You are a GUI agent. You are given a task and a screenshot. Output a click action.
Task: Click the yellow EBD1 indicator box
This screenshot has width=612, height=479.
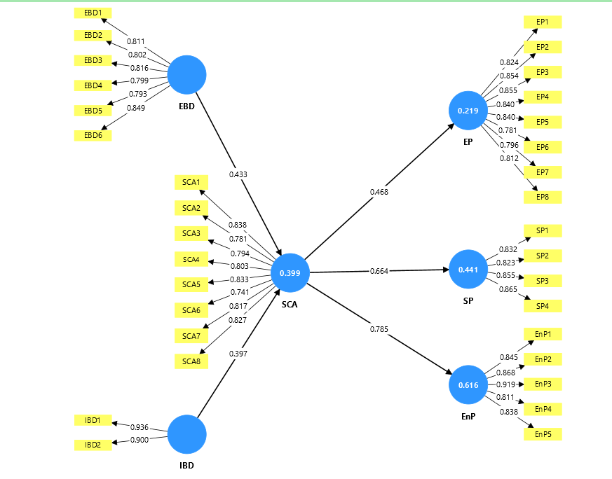pos(93,13)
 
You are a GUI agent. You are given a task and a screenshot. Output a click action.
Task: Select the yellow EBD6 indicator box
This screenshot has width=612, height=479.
pos(93,135)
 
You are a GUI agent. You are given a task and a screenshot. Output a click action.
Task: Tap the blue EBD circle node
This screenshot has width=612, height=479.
pos(187,74)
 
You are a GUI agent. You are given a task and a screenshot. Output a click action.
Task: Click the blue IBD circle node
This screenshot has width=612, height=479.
pos(187,434)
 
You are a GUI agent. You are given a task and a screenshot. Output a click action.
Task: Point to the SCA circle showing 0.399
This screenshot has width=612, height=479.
pos(290,272)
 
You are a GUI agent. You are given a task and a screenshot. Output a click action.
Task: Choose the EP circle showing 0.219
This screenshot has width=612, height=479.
pos(468,111)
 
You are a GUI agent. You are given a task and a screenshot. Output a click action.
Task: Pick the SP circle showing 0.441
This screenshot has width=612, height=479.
pos(468,270)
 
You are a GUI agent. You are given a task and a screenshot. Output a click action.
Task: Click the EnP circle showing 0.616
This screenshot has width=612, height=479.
pos(468,385)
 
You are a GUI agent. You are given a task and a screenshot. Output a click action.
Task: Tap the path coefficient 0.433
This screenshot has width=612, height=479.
pos(238,173)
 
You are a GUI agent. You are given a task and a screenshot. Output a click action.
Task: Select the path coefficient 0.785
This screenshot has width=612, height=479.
pos(379,328)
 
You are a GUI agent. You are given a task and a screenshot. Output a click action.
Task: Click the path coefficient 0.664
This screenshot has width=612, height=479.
pos(379,270)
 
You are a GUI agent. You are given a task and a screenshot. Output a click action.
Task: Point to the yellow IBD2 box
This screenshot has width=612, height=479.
pos(93,445)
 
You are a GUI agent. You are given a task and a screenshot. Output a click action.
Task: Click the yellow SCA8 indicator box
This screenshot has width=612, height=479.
pos(191,361)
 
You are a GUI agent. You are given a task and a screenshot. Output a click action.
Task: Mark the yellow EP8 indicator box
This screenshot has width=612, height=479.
pos(543,197)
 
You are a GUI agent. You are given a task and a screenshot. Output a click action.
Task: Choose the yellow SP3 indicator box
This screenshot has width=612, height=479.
pos(543,281)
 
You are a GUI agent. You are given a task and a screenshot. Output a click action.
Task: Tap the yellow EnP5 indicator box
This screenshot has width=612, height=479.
pos(543,434)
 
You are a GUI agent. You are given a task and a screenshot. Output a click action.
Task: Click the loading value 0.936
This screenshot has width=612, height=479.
pos(140,426)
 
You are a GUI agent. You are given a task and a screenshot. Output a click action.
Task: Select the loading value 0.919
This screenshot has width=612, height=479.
pos(508,384)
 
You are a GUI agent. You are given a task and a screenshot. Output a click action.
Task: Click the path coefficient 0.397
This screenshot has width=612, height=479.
pos(238,354)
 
